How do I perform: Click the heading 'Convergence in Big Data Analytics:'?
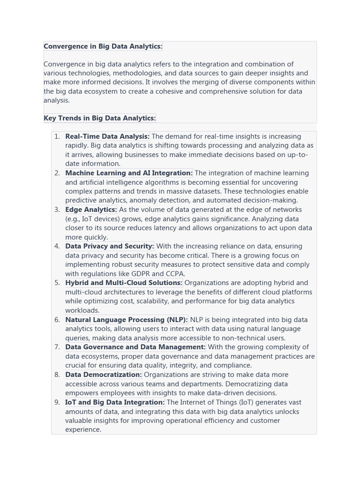point(103,46)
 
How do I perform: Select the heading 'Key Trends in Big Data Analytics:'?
point(99,118)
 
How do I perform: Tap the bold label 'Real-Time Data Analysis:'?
point(107,136)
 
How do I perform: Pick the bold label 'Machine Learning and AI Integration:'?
point(129,173)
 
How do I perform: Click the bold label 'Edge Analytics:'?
point(91,210)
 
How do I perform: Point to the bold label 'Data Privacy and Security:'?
point(110,246)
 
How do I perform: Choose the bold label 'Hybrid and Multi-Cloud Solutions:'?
point(124,283)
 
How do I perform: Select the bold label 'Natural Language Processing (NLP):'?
point(127,320)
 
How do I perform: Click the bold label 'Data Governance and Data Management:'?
point(135,347)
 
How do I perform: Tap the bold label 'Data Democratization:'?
point(104,375)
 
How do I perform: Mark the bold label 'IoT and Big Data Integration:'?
point(115,402)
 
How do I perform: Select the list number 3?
point(57,210)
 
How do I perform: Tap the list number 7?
point(57,347)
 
